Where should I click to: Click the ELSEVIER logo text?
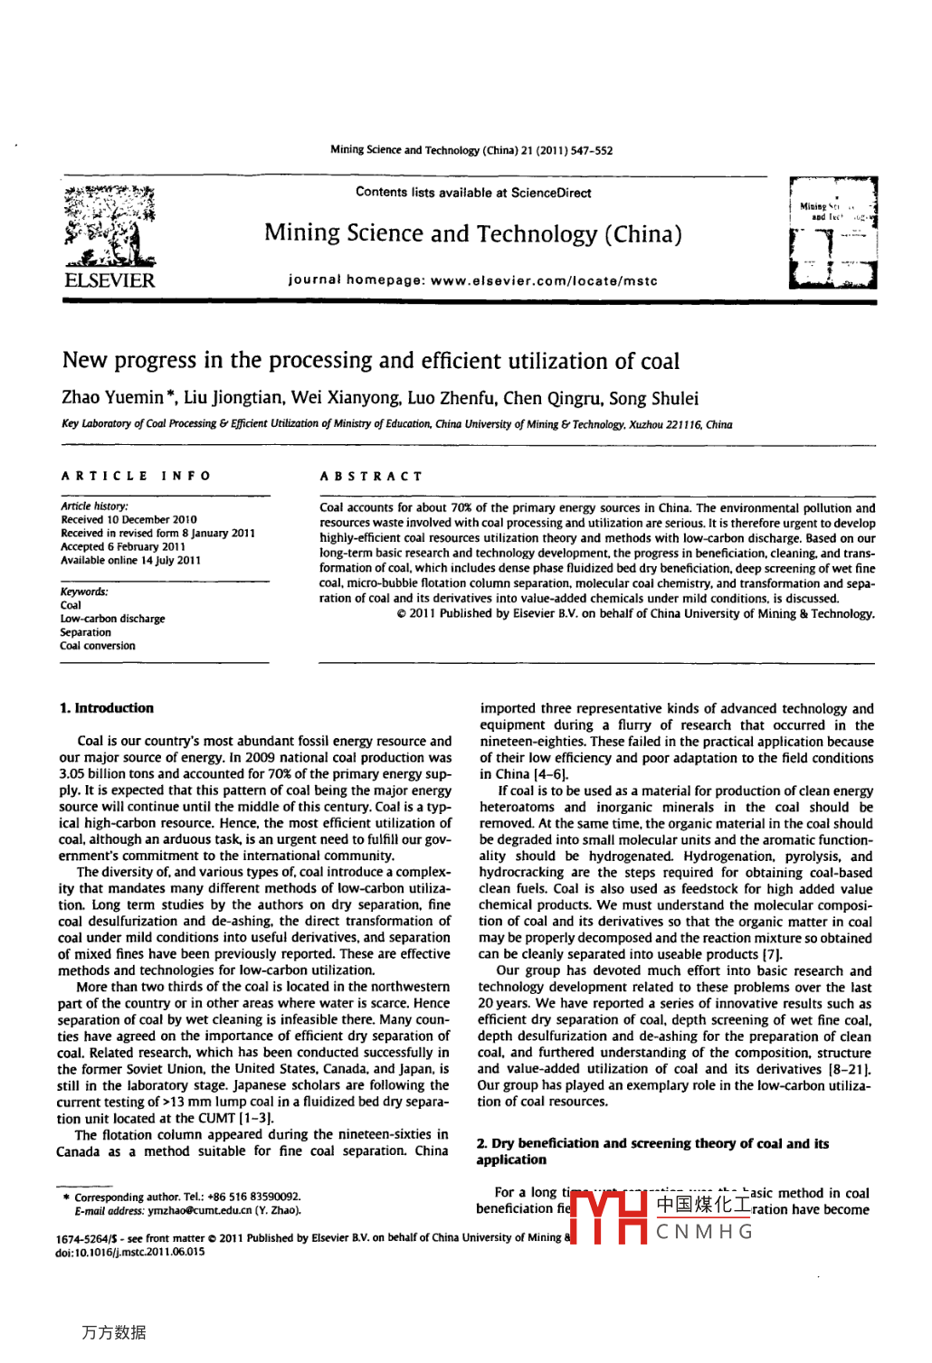tap(109, 280)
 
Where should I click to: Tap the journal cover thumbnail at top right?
tap(832, 233)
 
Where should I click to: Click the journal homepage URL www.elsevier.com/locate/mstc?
tap(544, 280)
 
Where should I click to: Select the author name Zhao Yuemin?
tap(112, 398)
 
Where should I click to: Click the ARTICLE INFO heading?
tap(136, 476)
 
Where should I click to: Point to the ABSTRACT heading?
tap(371, 476)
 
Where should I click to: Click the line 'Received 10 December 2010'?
tap(128, 520)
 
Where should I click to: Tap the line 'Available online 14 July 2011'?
tap(130, 561)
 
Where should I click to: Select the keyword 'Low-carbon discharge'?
tap(112, 619)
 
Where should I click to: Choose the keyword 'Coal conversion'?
tap(97, 646)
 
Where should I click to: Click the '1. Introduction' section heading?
tap(106, 708)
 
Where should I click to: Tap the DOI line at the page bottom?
tap(130, 1252)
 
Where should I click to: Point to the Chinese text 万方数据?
tap(113, 1332)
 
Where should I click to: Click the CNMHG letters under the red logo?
tap(704, 1232)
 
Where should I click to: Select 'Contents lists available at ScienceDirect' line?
tap(473, 193)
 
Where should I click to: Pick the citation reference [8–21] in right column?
tap(850, 1069)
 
